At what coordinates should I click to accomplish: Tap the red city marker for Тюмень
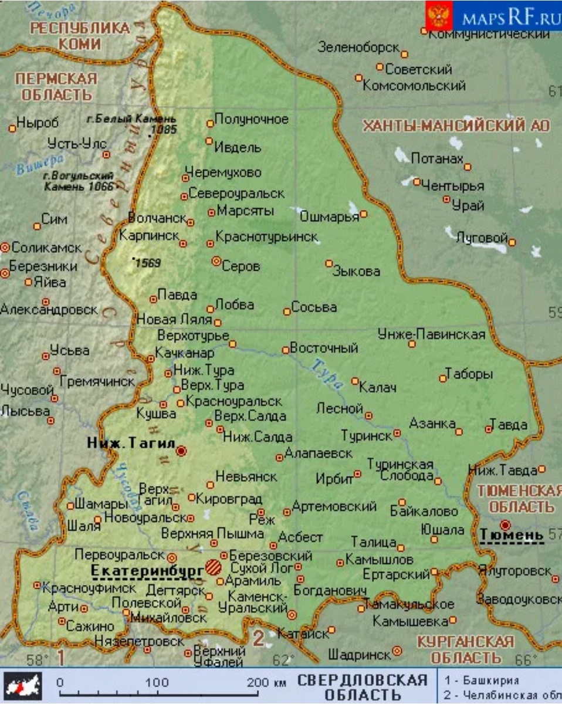(x=505, y=524)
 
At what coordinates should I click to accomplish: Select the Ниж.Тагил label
(x=130, y=444)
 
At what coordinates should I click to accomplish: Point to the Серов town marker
(x=216, y=261)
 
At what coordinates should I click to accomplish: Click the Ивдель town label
(x=238, y=147)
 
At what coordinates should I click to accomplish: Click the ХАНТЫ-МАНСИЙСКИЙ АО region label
(x=456, y=126)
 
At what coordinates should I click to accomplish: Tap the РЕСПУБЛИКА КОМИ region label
(x=80, y=36)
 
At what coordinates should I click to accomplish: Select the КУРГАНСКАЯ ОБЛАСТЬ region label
(x=465, y=649)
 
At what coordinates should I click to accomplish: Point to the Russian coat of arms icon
(x=439, y=16)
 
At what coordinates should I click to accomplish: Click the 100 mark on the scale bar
(x=157, y=683)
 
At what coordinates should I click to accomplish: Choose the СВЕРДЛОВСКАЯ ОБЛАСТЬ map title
(x=362, y=688)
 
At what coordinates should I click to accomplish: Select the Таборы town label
(x=469, y=374)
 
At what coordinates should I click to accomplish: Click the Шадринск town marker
(x=397, y=651)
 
